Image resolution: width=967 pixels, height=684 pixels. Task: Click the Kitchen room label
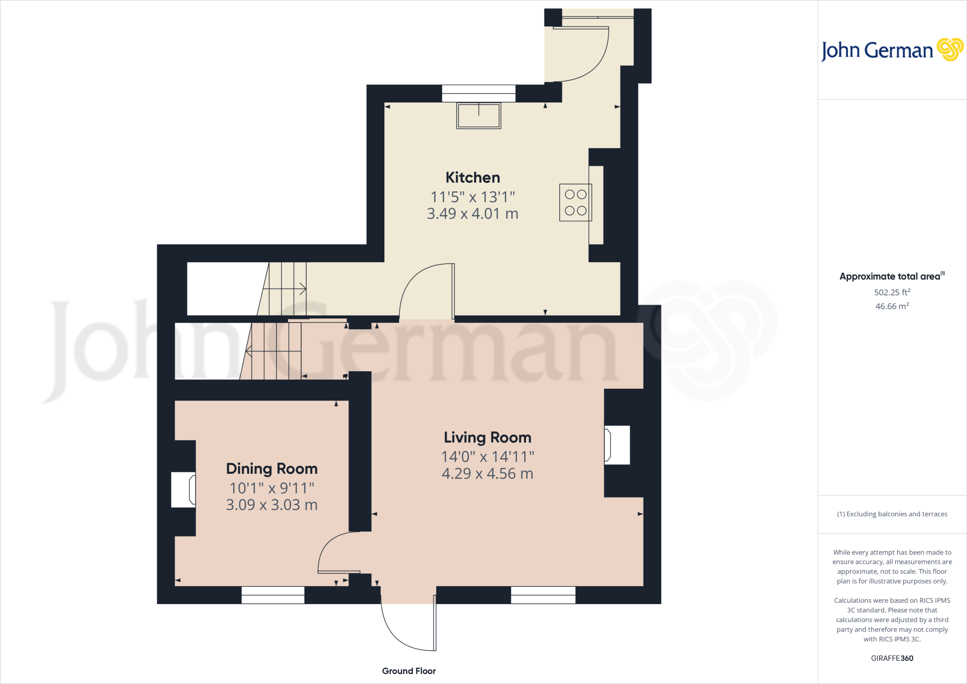pyautogui.click(x=473, y=178)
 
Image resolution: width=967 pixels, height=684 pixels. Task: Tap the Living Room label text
pyautogui.click(x=487, y=437)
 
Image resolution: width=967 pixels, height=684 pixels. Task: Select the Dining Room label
pyautogui.click(x=271, y=469)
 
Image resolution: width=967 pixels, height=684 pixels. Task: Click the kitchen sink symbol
pyautogui.click(x=478, y=116)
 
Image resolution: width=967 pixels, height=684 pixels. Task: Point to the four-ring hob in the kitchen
pyautogui.click(x=575, y=203)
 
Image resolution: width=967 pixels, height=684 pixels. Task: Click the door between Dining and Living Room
pyautogui.click(x=338, y=552)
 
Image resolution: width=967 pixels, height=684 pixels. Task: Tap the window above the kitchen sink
pyautogui.click(x=478, y=94)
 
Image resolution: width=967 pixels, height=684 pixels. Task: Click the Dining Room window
pyautogui.click(x=273, y=595)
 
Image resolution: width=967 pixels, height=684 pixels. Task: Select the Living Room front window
pyautogui.click(x=543, y=595)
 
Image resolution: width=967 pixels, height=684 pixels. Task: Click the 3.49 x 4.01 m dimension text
pyautogui.click(x=473, y=214)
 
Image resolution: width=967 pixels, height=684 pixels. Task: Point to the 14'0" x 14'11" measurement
pyautogui.click(x=487, y=457)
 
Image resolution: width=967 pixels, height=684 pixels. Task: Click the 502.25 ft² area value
pyautogui.click(x=892, y=292)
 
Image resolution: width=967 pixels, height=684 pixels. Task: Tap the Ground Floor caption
pyautogui.click(x=409, y=671)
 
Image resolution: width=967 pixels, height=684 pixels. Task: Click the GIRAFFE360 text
pyautogui.click(x=892, y=658)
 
